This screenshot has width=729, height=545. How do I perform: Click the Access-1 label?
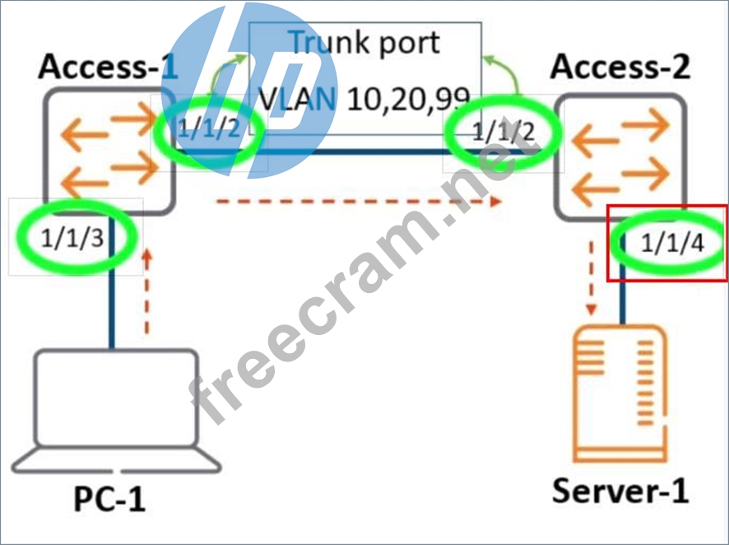point(107,68)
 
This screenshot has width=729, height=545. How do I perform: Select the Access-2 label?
point(620,68)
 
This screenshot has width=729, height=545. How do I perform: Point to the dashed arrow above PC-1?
point(148,292)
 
